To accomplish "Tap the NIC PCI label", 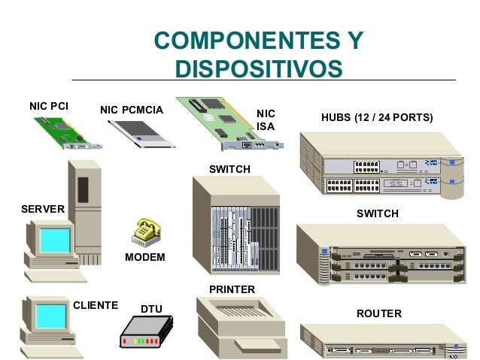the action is click(x=49, y=105).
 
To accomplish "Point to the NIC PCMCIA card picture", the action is click(x=142, y=135).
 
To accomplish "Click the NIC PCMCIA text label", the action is click(x=132, y=111).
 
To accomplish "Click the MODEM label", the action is click(x=144, y=258).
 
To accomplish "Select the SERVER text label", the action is click(x=43, y=207).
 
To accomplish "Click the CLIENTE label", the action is click(x=96, y=305).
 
